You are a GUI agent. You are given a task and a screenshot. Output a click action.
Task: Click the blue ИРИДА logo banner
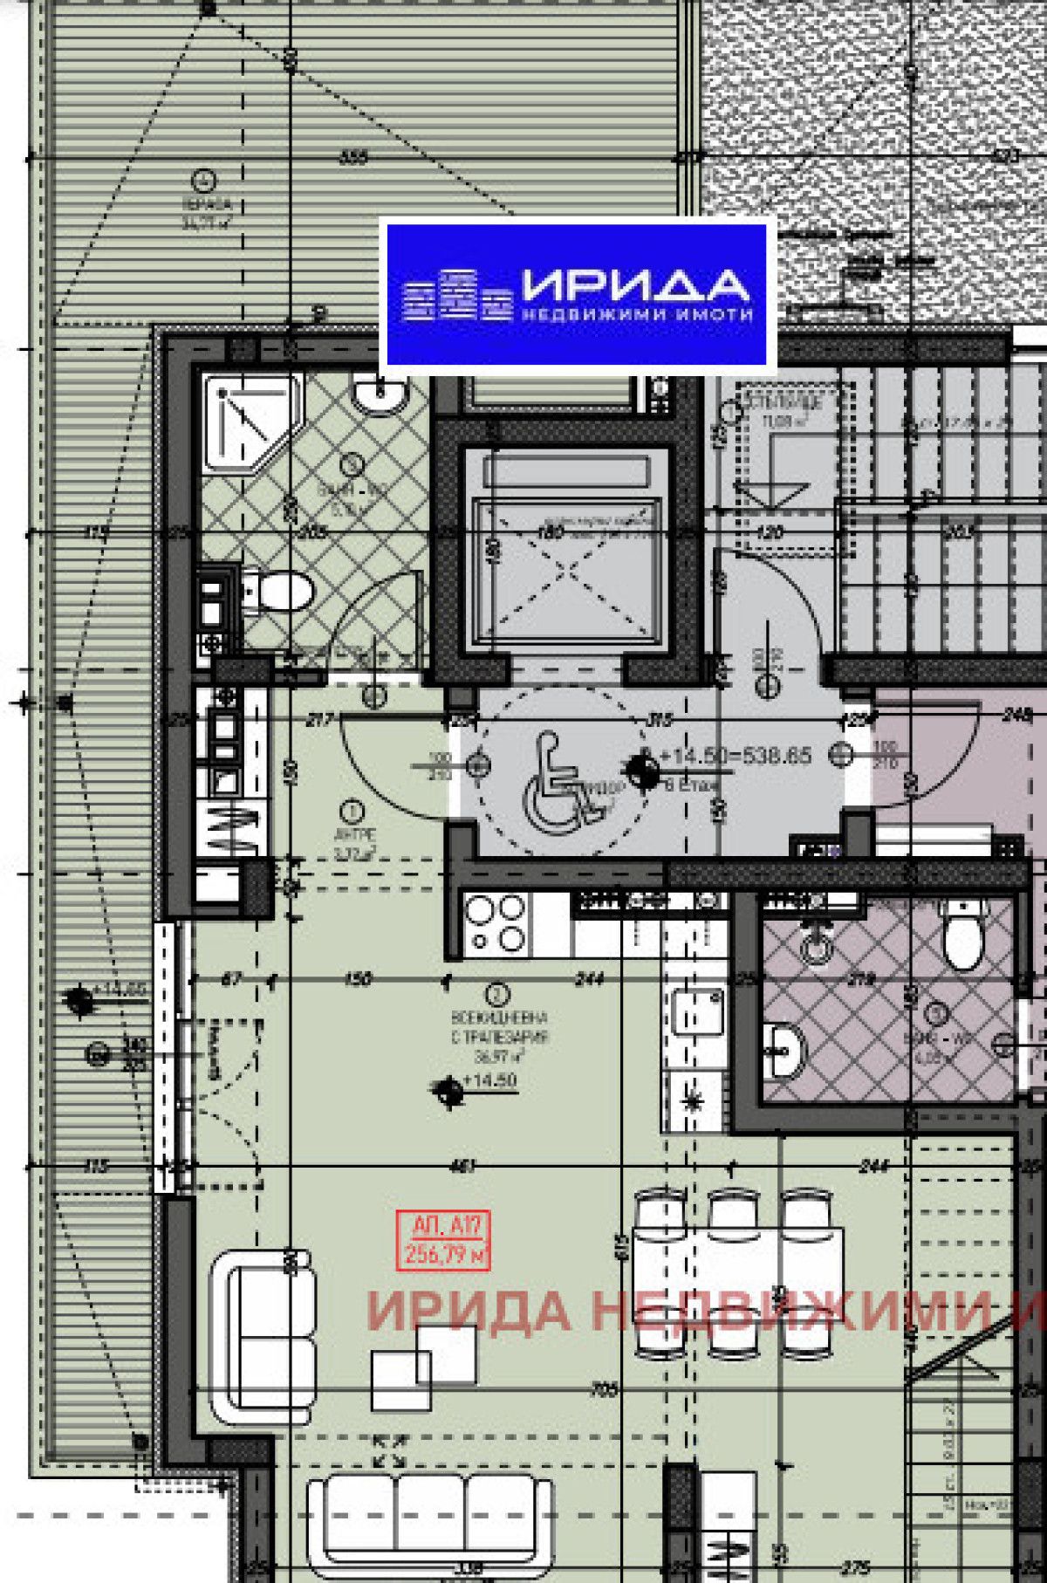tap(576, 293)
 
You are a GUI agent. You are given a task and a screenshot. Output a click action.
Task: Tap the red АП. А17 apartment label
tap(442, 1239)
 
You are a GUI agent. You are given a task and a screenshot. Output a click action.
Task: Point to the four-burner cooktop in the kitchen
tap(496, 924)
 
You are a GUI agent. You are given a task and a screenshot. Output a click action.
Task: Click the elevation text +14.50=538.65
tap(735, 756)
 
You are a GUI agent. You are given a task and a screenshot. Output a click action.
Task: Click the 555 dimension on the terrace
tap(352, 158)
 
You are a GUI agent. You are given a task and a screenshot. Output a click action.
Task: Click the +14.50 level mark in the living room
tap(488, 1081)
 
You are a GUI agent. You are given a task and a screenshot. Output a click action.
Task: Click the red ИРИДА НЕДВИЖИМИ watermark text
tap(698, 1309)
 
